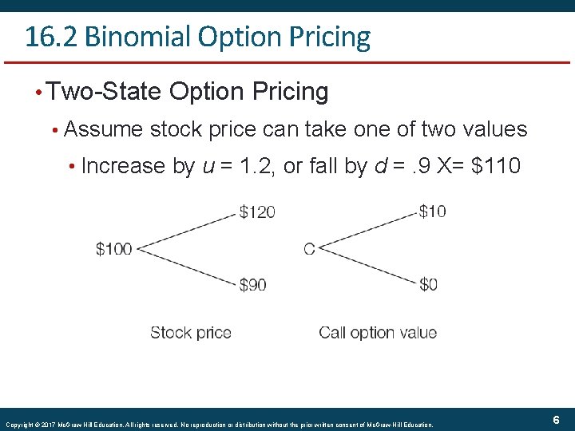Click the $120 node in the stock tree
coord(257,212)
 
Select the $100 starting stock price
coord(114,249)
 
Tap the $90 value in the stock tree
coord(252,284)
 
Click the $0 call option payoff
coord(428,284)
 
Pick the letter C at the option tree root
coord(309,249)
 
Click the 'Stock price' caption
coord(191,332)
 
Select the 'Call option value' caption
coord(378,332)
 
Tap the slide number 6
coord(556,420)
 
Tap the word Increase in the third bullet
coord(124,166)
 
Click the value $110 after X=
coord(497,166)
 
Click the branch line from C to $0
coord(367,267)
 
